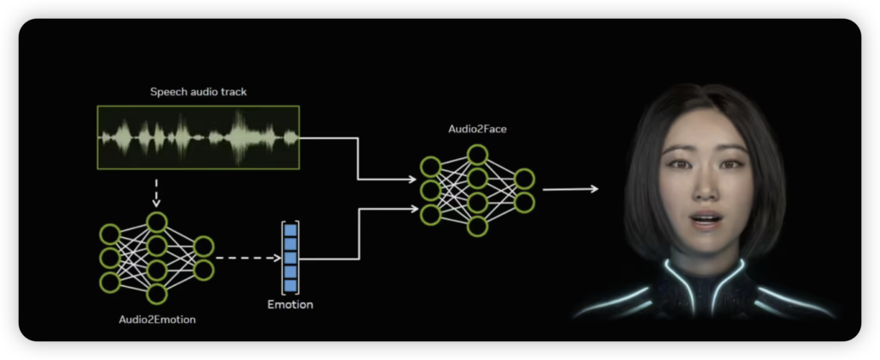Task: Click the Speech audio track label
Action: (x=199, y=91)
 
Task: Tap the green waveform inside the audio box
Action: (x=198, y=136)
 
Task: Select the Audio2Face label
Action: (x=471, y=129)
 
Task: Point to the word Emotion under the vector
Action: (x=290, y=304)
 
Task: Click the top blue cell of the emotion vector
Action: (x=290, y=229)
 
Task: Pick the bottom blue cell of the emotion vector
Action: (x=290, y=284)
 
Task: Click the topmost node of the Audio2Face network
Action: (x=478, y=154)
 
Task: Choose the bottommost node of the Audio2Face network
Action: (x=478, y=226)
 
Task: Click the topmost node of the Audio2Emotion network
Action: (x=156, y=222)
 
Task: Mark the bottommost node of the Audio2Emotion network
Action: (x=156, y=294)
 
